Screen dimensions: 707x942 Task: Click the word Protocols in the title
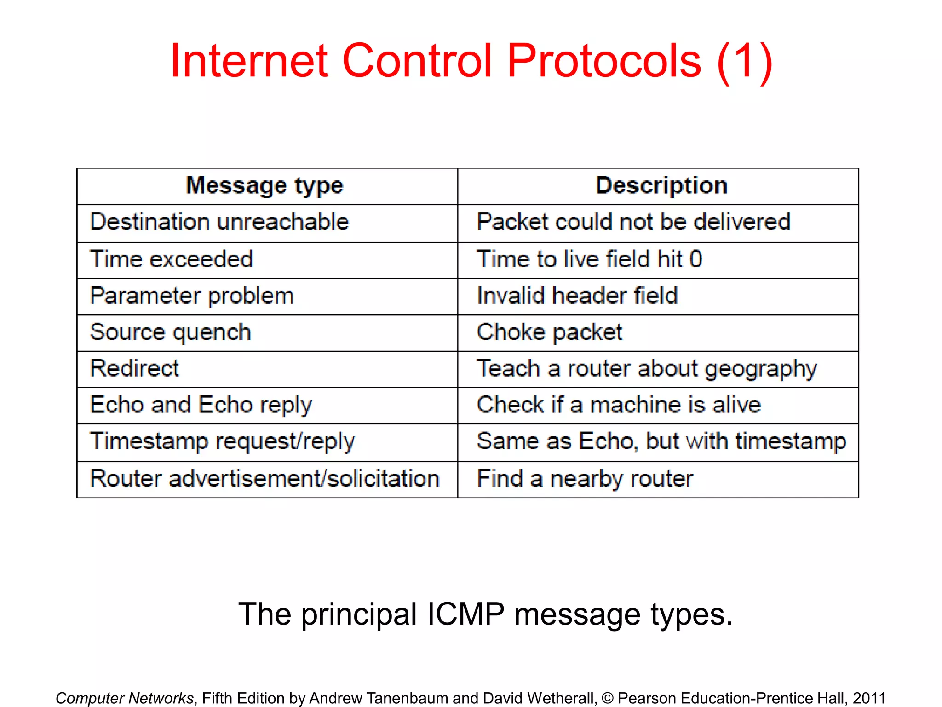click(604, 61)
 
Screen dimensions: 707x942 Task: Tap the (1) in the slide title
click(744, 62)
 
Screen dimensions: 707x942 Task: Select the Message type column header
click(264, 186)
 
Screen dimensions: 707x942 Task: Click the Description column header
click(661, 185)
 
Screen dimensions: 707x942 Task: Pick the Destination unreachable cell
click(219, 222)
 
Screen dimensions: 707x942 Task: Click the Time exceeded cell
click(172, 259)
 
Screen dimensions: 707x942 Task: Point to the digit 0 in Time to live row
click(696, 259)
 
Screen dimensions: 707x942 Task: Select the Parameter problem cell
click(192, 296)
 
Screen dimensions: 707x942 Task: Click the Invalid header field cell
click(577, 296)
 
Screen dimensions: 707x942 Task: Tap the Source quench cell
click(171, 332)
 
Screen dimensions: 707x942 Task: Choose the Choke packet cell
click(549, 332)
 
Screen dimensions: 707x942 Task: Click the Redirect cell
click(134, 369)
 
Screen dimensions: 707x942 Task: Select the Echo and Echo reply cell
click(201, 405)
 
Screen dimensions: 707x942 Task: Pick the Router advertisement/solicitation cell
click(264, 479)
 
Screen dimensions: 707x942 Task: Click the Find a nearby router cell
click(585, 479)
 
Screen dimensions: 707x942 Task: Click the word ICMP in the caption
click(465, 614)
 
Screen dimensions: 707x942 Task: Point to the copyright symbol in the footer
click(607, 698)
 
